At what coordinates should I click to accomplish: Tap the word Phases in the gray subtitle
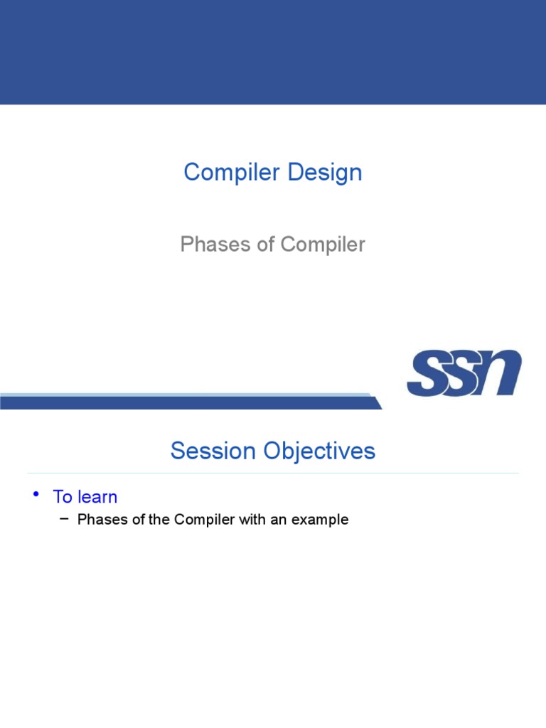pyautogui.click(x=215, y=245)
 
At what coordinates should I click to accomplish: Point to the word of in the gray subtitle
pyautogui.click(x=266, y=245)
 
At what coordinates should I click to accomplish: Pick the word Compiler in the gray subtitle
pyautogui.click(x=323, y=245)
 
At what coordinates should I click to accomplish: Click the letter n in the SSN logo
pyautogui.click(x=502, y=373)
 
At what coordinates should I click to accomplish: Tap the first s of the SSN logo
pyautogui.click(x=427, y=373)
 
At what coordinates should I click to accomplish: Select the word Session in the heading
pyautogui.click(x=213, y=450)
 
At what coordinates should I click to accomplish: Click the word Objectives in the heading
pyautogui.click(x=319, y=451)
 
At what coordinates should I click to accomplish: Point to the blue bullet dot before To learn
pyautogui.click(x=36, y=494)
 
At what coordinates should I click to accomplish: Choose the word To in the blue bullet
pyautogui.click(x=63, y=497)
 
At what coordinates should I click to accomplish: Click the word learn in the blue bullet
pyautogui.click(x=98, y=497)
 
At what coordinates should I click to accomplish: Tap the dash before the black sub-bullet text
pyautogui.click(x=65, y=518)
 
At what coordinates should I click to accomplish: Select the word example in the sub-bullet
pyautogui.click(x=320, y=520)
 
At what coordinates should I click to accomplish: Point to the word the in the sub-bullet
pyautogui.click(x=159, y=519)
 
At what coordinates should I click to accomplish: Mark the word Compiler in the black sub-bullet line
pyautogui.click(x=204, y=520)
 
